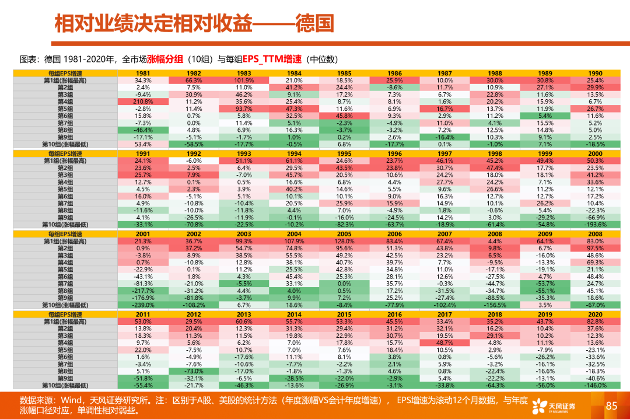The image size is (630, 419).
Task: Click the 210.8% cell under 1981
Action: (143, 102)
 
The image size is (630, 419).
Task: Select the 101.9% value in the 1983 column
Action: (244, 80)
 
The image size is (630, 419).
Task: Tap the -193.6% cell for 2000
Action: (595, 224)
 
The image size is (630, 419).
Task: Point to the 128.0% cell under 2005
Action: (344, 241)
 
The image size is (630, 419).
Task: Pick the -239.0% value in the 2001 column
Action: (143, 305)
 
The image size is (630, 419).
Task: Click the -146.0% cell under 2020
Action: (595, 385)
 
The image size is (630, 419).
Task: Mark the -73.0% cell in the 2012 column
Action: (194, 371)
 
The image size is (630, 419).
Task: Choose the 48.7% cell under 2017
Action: (444, 343)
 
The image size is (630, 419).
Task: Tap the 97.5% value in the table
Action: (595, 248)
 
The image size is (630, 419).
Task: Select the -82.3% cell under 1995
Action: (344, 224)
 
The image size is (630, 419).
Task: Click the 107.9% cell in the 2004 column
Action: (294, 241)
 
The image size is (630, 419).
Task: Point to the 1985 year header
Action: (344, 73)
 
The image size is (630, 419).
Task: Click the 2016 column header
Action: (394, 315)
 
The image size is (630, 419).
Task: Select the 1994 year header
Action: (294, 153)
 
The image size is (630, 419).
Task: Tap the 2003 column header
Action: (244, 234)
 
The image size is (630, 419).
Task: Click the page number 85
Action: (611, 405)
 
